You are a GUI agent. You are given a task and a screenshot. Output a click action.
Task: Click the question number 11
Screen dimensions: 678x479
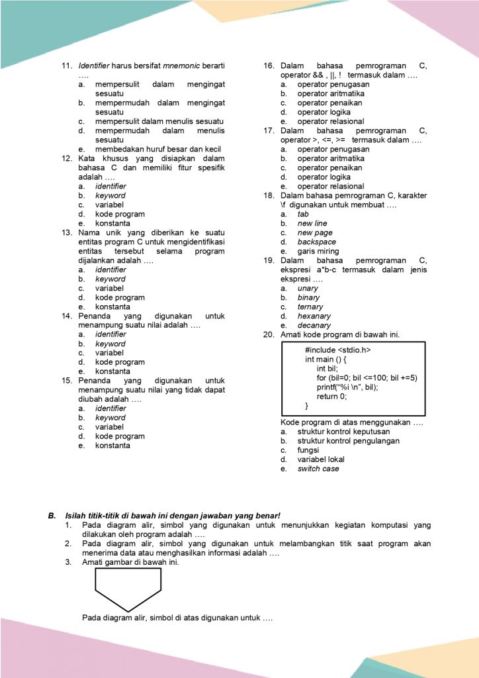point(66,66)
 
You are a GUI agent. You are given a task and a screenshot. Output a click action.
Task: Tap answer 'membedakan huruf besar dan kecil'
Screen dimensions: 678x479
point(158,149)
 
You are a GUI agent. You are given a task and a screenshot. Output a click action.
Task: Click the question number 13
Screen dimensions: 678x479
point(66,232)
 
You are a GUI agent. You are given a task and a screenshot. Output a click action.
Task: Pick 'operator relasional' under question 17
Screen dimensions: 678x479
point(331,186)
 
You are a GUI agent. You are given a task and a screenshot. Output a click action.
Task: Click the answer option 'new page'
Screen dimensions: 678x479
point(315,232)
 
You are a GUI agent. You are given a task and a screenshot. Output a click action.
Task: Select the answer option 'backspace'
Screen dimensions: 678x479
point(317,242)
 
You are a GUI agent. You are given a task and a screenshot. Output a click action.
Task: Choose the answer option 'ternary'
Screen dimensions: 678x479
point(310,307)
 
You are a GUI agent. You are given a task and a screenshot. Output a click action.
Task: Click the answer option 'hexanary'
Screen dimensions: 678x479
point(314,316)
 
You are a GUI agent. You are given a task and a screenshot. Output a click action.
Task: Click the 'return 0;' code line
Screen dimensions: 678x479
point(332,396)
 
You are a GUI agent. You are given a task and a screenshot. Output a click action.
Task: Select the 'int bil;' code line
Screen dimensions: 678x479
point(327,369)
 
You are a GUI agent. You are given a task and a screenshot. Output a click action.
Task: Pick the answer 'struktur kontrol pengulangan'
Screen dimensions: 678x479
point(349,440)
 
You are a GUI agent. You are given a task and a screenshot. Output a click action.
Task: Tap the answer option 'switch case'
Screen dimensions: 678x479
point(318,468)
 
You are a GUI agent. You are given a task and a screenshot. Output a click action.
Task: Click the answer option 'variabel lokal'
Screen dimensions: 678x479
point(321,459)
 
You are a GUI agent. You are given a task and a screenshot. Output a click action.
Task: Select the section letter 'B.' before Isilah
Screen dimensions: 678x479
point(51,515)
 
